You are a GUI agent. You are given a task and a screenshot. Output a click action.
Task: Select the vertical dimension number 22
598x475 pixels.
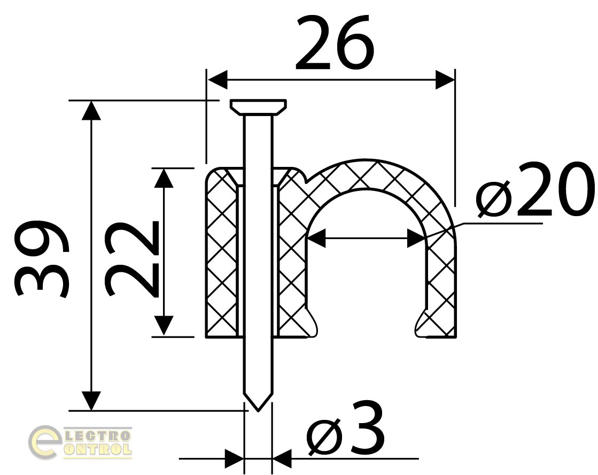pos(133,259)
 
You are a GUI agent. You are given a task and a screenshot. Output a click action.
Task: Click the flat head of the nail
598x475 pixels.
pos(258,107)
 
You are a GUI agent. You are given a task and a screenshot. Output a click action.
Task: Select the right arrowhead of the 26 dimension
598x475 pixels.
pos(445,79)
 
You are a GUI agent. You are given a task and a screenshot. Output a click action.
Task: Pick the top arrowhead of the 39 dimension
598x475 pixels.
pos(91,110)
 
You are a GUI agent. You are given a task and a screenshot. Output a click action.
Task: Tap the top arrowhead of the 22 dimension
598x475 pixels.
pos(164,178)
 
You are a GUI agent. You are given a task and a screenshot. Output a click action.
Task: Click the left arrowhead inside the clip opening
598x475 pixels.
pos(316,238)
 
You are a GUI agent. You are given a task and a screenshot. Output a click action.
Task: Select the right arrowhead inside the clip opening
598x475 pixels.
pos(417,238)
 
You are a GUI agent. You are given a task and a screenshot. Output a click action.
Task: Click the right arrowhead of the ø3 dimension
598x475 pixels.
pos(282,458)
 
